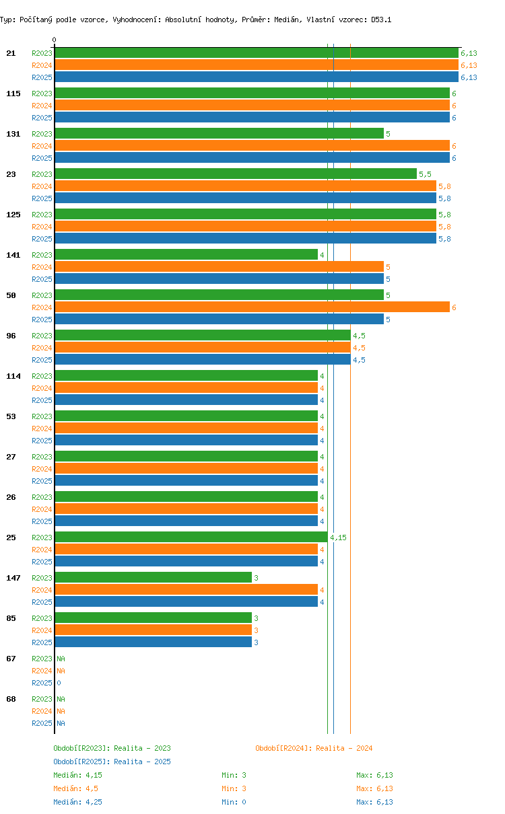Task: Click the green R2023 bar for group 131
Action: pyautogui.click(x=219, y=133)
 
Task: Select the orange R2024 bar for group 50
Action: pyautogui.click(x=252, y=307)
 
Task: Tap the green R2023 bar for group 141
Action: pyautogui.click(x=186, y=254)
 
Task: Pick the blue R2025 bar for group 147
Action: pyautogui.click(x=186, y=601)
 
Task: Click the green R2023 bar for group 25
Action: pyautogui.click(x=191, y=537)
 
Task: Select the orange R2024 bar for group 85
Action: pyautogui.click(x=153, y=630)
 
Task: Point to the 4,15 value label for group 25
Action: pyautogui.click(x=338, y=538)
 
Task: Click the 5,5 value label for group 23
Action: pyautogui.click(x=425, y=174)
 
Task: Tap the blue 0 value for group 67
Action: pyautogui.click(x=59, y=683)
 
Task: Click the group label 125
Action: pyautogui.click(x=13, y=215)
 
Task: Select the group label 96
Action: pyautogui.click(x=11, y=336)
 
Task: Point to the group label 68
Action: pyautogui.click(x=11, y=699)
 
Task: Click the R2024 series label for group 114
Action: pyautogui.click(x=42, y=388)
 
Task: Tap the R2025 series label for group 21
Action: pyautogui.click(x=42, y=77)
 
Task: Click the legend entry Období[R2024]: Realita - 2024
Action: pyautogui.click(x=314, y=748)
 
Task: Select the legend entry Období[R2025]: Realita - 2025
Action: pyautogui.click(x=112, y=762)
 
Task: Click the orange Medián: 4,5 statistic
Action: pyautogui.click(x=77, y=788)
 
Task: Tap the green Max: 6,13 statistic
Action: pyautogui.click(x=374, y=775)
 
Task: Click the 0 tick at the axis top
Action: pyautogui.click(x=55, y=40)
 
